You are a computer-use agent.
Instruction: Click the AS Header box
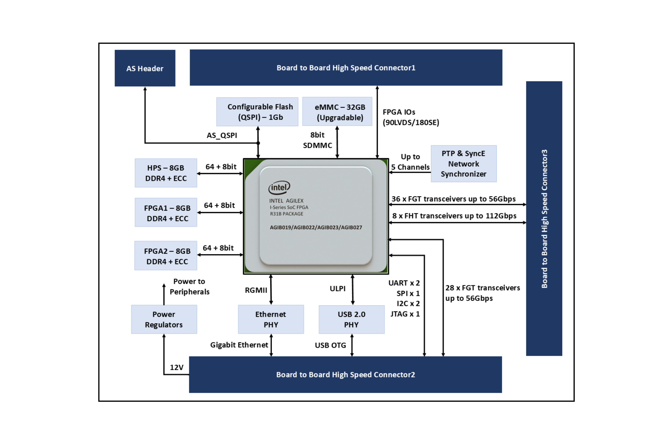point(145,68)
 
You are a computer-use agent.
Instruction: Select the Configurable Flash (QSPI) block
point(257,111)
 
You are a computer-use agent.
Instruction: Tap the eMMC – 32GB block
point(337,111)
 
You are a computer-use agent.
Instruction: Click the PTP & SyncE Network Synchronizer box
point(464,164)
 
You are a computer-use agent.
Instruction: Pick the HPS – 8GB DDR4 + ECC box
point(166,173)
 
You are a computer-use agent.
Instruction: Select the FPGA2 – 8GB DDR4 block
point(166,256)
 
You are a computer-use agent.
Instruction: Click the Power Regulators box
point(164,319)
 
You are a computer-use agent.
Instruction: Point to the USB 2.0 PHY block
point(352,319)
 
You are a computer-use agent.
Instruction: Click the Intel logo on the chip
point(279,188)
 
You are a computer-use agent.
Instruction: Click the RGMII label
point(256,290)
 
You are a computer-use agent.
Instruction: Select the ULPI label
point(338,288)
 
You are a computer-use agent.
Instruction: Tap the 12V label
point(177,367)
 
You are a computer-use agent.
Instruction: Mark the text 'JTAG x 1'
point(405,314)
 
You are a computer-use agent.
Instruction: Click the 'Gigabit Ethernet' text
point(239,345)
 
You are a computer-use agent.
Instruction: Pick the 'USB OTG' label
point(330,345)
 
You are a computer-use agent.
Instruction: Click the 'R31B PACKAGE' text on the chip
point(287,214)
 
